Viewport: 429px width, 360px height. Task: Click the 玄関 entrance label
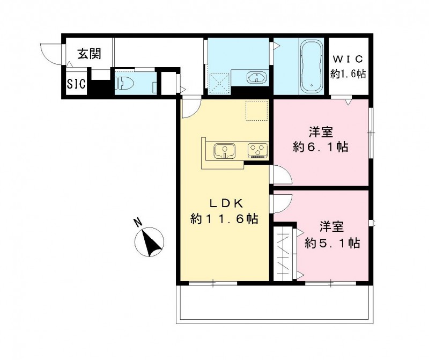tap(89, 54)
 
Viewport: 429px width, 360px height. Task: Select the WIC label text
tap(348, 58)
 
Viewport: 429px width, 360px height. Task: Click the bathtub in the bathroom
tap(310, 66)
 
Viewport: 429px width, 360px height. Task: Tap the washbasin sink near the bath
tap(256, 77)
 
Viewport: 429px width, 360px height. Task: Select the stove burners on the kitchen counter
tap(257, 150)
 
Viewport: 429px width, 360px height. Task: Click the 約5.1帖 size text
tap(332, 243)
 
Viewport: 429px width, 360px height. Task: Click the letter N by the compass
tap(138, 221)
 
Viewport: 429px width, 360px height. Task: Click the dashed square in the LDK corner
tap(256, 110)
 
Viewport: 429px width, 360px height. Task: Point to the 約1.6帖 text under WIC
tap(348, 74)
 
